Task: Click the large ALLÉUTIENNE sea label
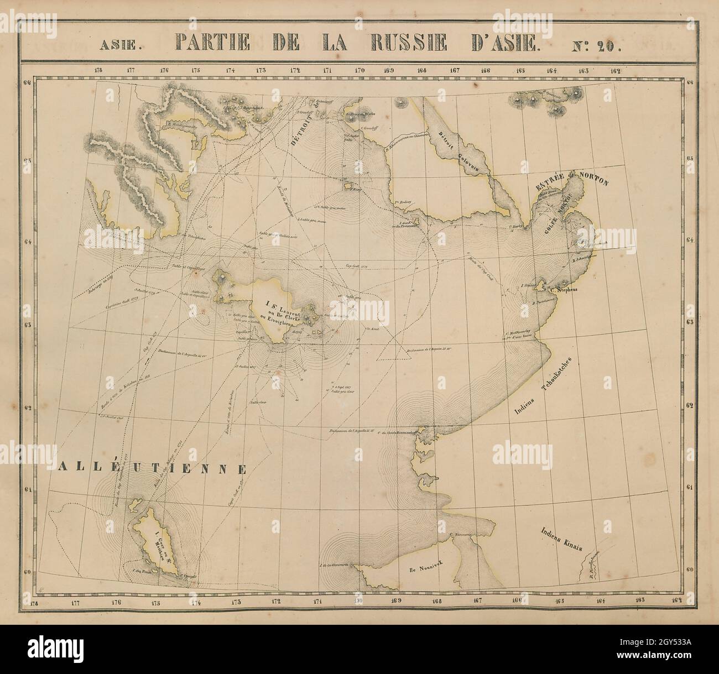[150, 469]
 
